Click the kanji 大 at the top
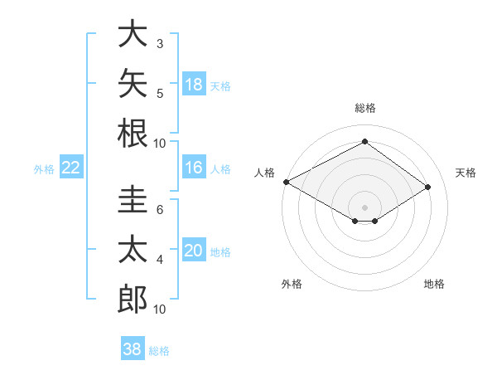[x=133, y=33]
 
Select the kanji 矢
[x=133, y=83]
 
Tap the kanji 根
[x=133, y=133]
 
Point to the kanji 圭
[x=133, y=199]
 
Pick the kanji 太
[x=133, y=249]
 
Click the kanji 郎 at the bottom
[x=133, y=299]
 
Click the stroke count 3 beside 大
[x=160, y=44]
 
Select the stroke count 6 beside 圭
[x=160, y=210]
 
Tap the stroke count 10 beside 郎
[x=159, y=310]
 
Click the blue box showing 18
[x=194, y=84]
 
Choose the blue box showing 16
[x=194, y=167]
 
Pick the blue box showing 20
[x=194, y=249]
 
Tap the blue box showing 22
[x=71, y=167]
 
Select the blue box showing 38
[x=133, y=348]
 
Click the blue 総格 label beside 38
[x=159, y=351]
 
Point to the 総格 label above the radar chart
[x=365, y=108]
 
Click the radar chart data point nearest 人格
[x=287, y=182]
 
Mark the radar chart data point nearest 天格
[x=427, y=187]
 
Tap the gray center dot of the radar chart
[x=364, y=207]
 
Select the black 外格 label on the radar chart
[x=292, y=284]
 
